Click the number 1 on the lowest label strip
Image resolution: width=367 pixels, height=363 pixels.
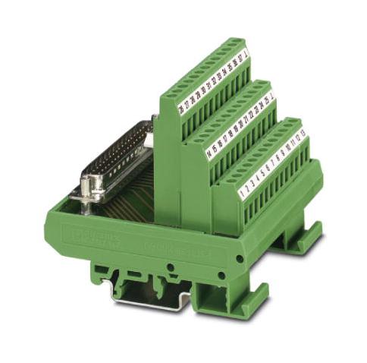tap(241, 196)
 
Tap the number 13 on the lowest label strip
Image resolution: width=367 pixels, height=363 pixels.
tap(303, 134)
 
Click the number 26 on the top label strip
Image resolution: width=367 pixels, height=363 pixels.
tap(180, 110)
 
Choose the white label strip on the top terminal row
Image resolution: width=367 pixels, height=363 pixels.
tap(211, 81)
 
